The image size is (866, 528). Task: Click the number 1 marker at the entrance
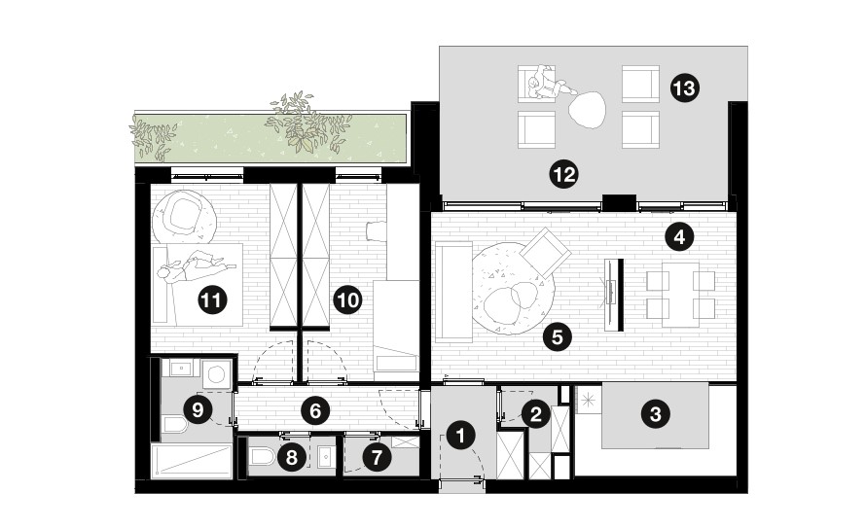pos(461,436)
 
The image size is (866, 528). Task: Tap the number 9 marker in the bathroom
pos(377,457)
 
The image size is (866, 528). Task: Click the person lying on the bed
pos(196,266)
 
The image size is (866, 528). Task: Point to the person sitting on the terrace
pos(550,84)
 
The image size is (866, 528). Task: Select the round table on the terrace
pos(587,110)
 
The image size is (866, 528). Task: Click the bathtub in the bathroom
pos(191,461)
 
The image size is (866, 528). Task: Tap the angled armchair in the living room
pos(545,253)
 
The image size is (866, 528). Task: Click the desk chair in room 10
pos(377,230)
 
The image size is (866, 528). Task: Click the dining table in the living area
pos(681,294)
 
